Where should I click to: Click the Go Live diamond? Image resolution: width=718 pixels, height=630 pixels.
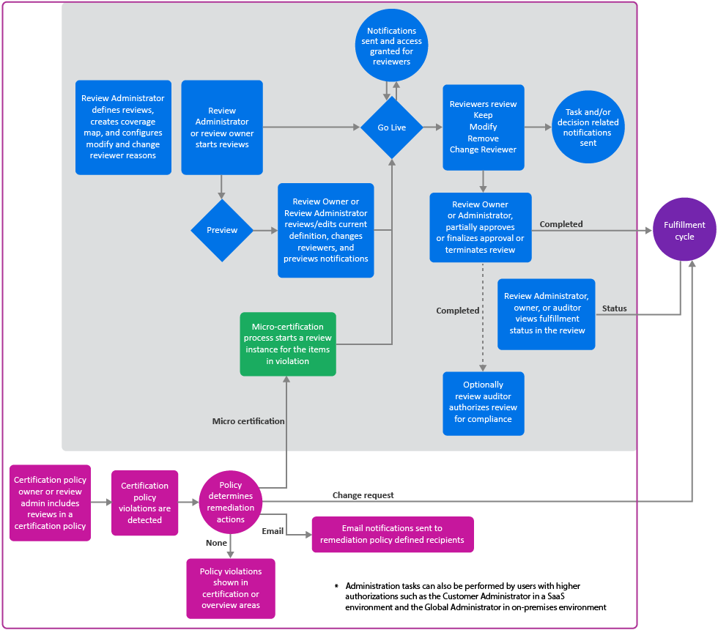coord(392,127)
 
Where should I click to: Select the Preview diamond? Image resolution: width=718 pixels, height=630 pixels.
coord(222,230)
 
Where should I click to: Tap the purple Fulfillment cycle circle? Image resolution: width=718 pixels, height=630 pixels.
coord(684,231)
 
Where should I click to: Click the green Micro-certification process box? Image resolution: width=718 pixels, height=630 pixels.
coord(288,344)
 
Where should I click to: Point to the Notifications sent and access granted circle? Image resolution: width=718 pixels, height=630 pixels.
coord(391,46)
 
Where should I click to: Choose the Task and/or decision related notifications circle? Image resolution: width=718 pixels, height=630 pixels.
coord(588,127)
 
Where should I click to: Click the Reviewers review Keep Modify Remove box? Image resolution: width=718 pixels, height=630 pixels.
coord(483,127)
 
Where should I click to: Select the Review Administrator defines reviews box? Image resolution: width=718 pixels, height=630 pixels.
coord(123,127)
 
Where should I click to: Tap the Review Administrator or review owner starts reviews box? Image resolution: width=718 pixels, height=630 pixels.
coord(222,127)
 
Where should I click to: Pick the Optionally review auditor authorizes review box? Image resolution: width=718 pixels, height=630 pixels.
coord(483,403)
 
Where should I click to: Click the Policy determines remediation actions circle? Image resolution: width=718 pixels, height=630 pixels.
coord(231,503)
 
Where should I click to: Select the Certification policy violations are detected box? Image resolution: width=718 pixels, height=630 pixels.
coord(144,503)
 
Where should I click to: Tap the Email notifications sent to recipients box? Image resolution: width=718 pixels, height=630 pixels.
coord(393,534)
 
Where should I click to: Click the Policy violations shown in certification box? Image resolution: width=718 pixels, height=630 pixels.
coord(231,588)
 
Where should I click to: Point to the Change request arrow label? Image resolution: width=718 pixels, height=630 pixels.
coord(363,495)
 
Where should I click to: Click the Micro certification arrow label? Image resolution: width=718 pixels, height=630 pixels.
coord(248,421)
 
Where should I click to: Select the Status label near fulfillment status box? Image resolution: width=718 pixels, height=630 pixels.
coord(614,308)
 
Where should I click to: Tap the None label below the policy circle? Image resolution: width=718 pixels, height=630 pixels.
coord(217,543)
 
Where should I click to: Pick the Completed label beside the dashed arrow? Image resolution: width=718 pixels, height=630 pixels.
coord(458,311)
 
